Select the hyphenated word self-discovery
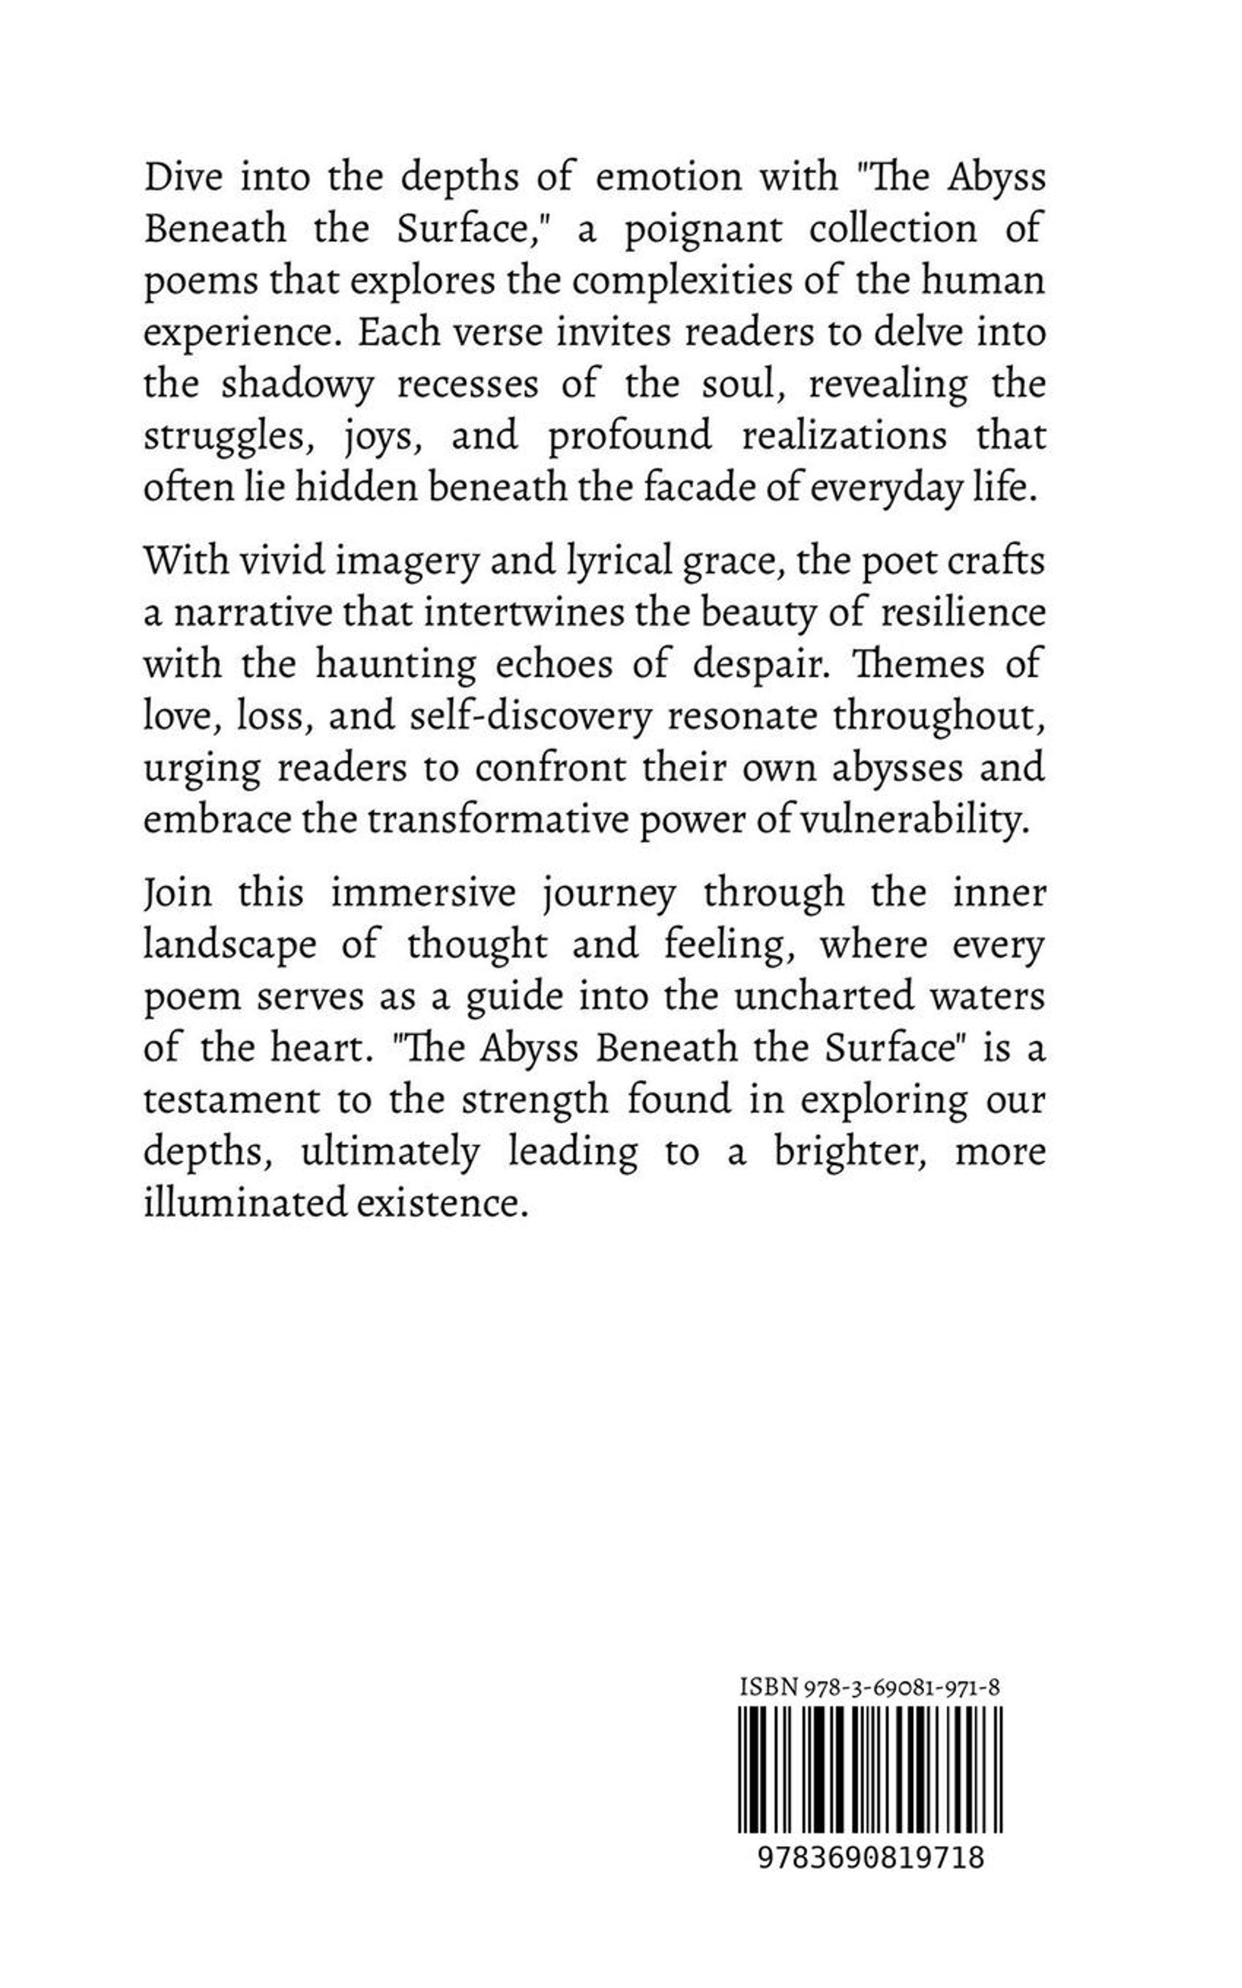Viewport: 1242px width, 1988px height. click(x=529, y=717)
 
